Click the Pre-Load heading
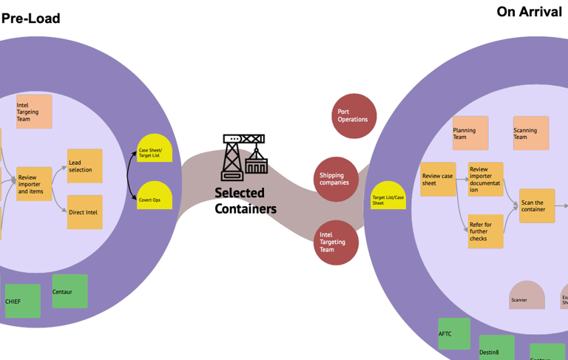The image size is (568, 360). tap(30, 18)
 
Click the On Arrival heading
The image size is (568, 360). tap(529, 12)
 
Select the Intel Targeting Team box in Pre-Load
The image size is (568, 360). tap(34, 112)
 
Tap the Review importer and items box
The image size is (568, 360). tap(34, 184)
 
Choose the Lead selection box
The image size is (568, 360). tap(84, 166)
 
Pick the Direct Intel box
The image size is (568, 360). tap(84, 212)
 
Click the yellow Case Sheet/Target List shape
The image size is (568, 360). tap(155, 149)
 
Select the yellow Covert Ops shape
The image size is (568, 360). tap(155, 196)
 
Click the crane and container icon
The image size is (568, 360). tap(244, 157)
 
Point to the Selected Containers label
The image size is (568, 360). tap(246, 201)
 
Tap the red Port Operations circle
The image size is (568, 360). tap(354, 115)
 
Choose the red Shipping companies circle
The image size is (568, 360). tap(336, 179)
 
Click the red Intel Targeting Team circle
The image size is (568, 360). tap(336, 242)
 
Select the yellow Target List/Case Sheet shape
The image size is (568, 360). tap(388, 196)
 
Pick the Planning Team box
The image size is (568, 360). tap(470, 133)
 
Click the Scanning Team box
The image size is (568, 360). tap(531, 133)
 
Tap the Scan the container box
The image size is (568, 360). tap(536, 206)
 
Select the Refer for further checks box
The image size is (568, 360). tap(485, 231)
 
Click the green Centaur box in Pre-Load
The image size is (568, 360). tap(70, 291)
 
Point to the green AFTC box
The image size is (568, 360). tap(454, 333)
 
